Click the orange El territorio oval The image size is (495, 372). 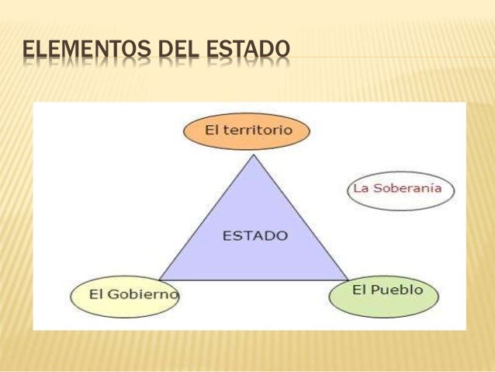click(247, 131)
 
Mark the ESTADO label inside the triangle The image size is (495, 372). click(255, 235)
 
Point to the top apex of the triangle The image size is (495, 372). click(254, 155)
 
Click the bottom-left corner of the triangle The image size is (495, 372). click(159, 280)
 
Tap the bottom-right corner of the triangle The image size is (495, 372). click(348, 280)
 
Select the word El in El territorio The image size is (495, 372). click(212, 130)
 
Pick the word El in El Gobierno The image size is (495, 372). click(96, 294)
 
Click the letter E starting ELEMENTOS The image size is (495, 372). click(28, 52)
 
